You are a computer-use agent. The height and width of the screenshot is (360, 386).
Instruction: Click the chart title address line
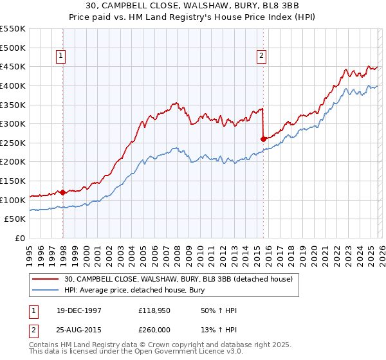click(192, 6)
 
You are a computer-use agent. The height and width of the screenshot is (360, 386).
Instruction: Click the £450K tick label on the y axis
click(13, 66)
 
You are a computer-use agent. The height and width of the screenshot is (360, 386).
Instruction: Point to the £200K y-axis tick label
click(13, 162)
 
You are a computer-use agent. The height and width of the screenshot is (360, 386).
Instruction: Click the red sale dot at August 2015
click(264, 138)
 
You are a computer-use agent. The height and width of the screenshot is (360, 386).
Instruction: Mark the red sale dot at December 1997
click(63, 192)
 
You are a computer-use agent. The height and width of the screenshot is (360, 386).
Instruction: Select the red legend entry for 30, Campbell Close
click(178, 279)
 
